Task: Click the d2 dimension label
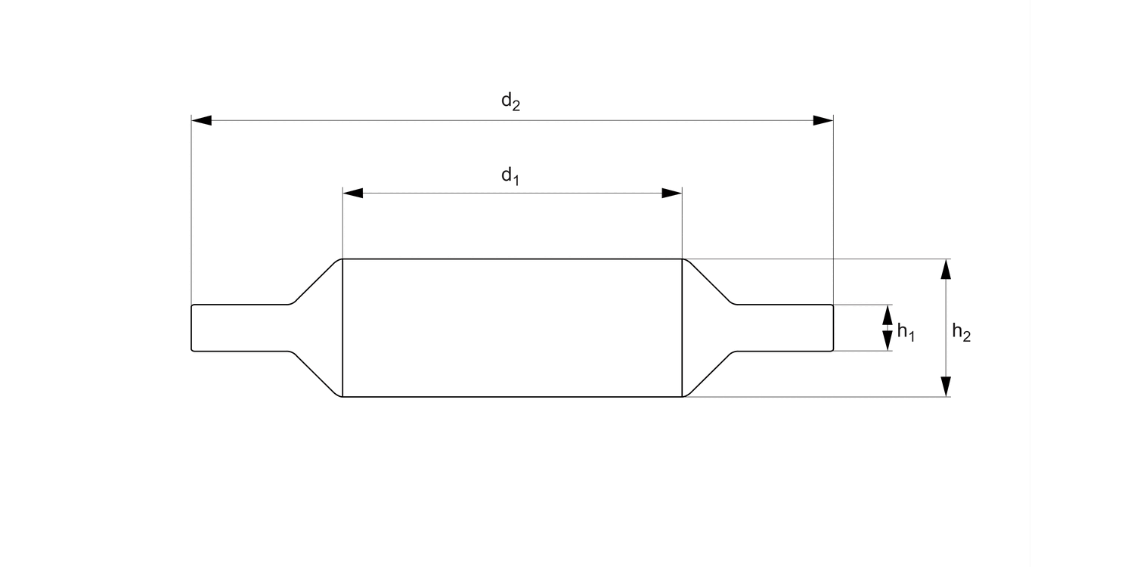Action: (511, 102)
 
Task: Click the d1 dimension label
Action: (511, 176)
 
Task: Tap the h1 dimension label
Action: (906, 332)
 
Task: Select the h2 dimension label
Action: (961, 332)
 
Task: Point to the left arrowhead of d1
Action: (353, 193)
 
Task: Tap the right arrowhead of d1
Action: (672, 193)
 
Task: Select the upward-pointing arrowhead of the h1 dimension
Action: (888, 313)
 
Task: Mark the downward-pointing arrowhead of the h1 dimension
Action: (888, 342)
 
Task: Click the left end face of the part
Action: (191, 327)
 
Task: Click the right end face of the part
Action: (833, 327)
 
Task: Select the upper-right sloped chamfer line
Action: (708, 282)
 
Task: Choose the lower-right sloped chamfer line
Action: (708, 373)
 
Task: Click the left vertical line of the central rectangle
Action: (342, 327)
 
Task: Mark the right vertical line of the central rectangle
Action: (682, 327)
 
